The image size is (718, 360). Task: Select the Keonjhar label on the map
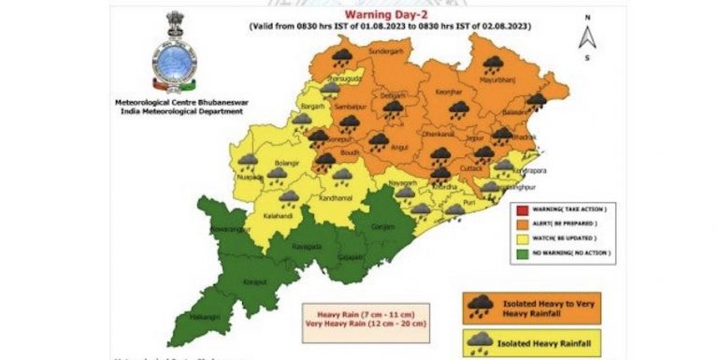(450, 93)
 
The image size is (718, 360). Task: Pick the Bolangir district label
(285, 166)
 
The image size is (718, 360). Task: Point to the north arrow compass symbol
(587, 37)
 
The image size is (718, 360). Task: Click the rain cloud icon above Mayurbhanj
(493, 65)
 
